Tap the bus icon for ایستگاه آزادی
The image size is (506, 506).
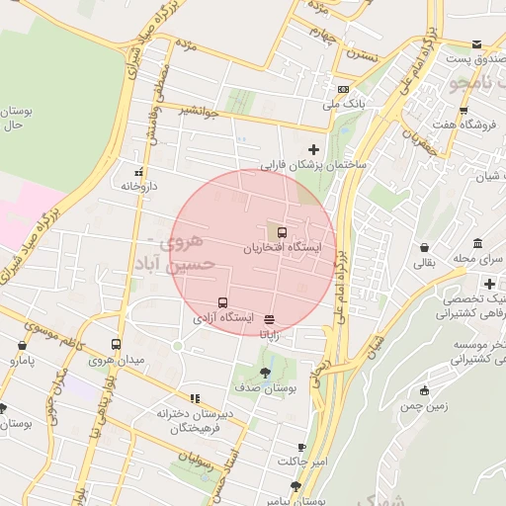(x=222, y=302)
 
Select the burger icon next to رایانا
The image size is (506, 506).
(x=270, y=319)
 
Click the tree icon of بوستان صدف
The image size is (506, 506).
(x=264, y=373)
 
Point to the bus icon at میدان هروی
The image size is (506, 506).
(x=117, y=345)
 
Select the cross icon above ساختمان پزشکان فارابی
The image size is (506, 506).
(x=314, y=149)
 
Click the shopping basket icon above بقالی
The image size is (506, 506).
(x=424, y=247)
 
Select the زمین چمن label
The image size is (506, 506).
(x=425, y=406)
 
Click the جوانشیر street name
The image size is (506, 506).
(x=197, y=111)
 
